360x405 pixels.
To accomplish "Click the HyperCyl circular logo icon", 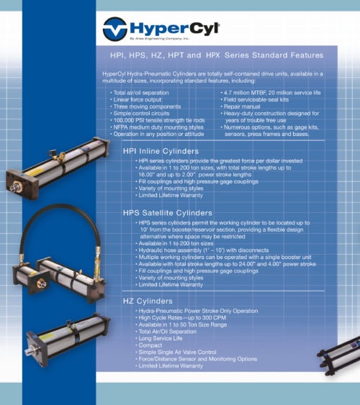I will (x=116, y=29).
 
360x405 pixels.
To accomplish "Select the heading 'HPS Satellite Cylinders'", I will (x=168, y=213).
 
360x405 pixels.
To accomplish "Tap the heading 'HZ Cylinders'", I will (x=148, y=300).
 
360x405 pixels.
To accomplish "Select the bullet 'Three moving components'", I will (x=143, y=106).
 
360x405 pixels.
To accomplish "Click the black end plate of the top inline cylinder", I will (x=22, y=183).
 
